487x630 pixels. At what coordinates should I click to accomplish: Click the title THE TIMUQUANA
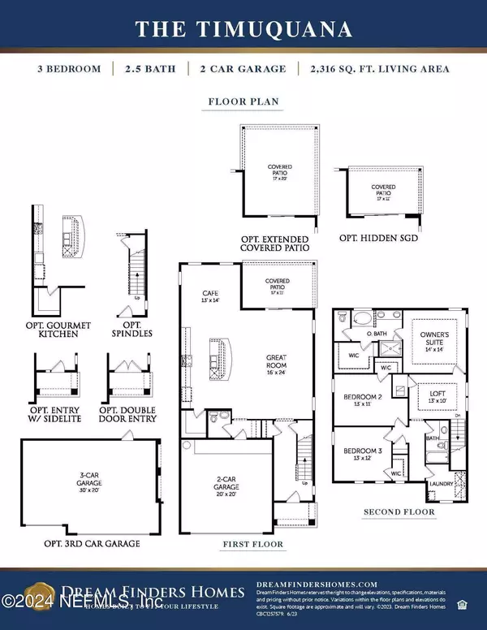(x=243, y=30)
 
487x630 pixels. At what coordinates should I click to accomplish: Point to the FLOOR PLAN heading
(x=243, y=104)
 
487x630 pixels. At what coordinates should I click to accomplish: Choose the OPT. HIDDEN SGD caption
(x=380, y=240)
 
